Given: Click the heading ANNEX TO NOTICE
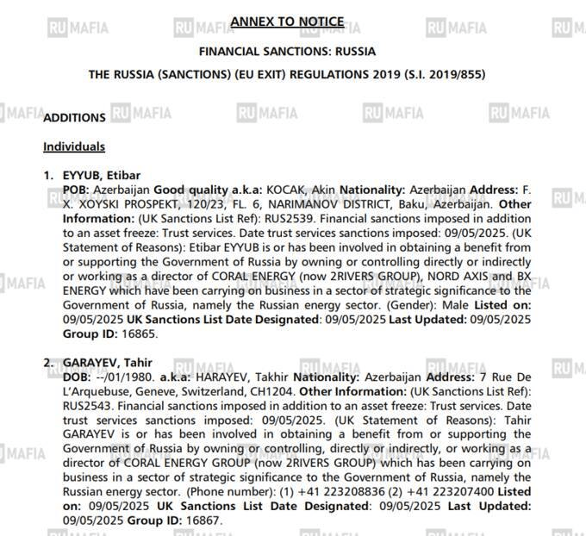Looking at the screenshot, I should point(287,22).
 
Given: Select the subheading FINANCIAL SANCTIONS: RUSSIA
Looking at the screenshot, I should point(287,51).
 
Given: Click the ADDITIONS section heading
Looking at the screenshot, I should point(74,118).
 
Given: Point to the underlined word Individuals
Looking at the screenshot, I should point(74,146).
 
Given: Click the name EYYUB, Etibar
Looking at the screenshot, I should point(101,176).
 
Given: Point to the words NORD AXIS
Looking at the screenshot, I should point(461,274).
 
